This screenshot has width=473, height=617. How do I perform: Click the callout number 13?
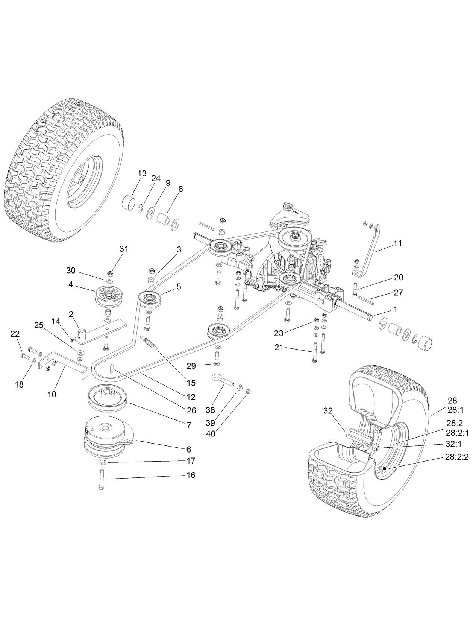(x=142, y=173)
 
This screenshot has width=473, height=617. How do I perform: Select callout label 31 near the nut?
(x=124, y=249)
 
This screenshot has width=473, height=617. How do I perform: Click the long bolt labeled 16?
(x=102, y=479)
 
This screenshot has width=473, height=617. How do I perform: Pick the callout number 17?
(x=191, y=460)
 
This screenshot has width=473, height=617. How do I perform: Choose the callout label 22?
(x=15, y=334)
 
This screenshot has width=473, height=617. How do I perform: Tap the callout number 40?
(x=211, y=433)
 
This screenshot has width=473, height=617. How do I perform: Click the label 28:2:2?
(x=456, y=457)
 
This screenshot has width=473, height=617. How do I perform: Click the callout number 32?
(x=328, y=411)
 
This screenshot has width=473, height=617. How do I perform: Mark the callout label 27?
(x=398, y=292)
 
